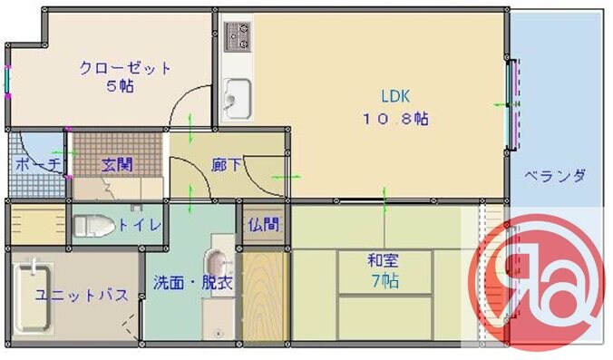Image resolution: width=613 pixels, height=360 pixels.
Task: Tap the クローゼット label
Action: tap(125, 69)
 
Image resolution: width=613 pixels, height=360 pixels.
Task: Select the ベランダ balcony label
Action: tap(555, 176)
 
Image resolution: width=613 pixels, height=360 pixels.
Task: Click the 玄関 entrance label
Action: tap(117, 164)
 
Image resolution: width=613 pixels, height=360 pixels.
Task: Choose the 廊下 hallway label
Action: tap(227, 165)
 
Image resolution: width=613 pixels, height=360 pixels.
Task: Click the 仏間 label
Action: tap(265, 224)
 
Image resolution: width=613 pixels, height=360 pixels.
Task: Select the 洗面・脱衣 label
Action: tap(193, 282)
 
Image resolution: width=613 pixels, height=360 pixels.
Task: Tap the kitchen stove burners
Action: tap(238, 36)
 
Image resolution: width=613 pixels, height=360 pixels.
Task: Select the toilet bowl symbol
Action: tap(93, 225)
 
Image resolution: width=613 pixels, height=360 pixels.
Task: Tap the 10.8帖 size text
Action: tap(396, 118)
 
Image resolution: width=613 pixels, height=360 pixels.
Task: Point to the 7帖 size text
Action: tap(383, 281)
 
